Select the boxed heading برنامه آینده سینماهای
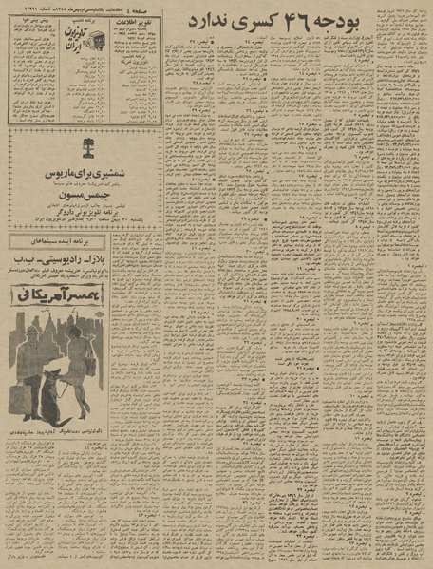pyautogui.click(x=72, y=243)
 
